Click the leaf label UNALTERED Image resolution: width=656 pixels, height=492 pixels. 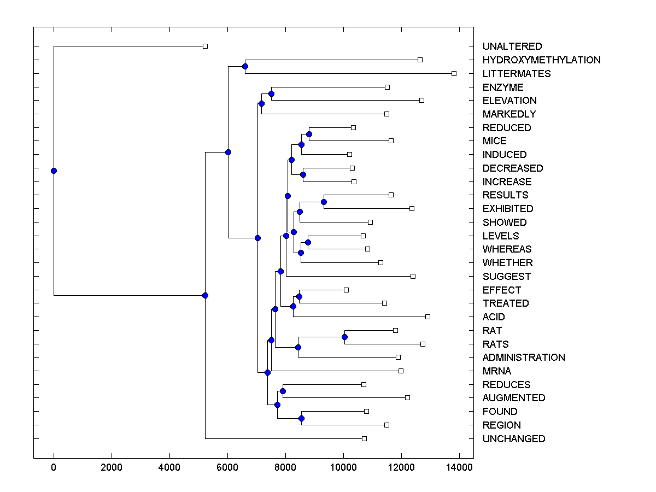(512, 46)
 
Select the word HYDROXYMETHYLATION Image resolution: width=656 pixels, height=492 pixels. (541, 60)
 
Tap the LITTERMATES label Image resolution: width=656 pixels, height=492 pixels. (517, 73)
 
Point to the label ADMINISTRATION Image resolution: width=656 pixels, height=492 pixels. (524, 358)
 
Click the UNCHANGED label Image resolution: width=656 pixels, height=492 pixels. (514, 438)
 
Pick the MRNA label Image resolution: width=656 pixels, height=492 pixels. (496, 371)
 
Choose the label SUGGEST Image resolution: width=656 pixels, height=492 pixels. (507, 277)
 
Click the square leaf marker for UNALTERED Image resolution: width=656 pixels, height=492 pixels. (205, 46)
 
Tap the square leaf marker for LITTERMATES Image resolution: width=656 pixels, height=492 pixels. (454, 73)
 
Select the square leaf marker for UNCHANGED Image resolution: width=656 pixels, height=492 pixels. (364, 438)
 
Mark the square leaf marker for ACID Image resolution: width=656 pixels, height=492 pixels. (427, 317)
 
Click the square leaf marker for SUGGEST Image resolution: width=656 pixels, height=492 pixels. (413, 276)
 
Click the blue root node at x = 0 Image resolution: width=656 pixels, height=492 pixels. (54, 171)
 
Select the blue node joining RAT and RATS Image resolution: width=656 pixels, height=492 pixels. (344, 337)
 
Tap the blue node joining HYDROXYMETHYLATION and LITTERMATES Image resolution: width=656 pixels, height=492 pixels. (245, 66)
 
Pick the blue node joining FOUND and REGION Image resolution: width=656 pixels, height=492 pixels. (301, 418)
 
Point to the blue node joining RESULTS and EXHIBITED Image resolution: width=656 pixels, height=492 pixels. (324, 202)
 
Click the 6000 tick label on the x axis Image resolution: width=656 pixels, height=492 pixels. (227, 467)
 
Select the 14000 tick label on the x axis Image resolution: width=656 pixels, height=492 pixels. (459, 467)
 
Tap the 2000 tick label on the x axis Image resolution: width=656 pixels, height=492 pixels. (112, 467)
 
